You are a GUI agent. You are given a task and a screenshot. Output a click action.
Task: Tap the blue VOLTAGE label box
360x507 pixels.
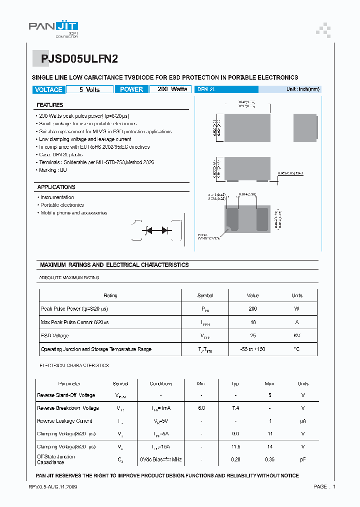[x=48, y=90]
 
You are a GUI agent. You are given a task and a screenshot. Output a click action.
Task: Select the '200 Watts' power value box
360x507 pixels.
[x=172, y=89]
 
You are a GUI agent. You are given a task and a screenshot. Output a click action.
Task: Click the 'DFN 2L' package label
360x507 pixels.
[x=206, y=89]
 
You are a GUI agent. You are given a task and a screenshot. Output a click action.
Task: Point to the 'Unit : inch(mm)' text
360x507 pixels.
[x=302, y=89]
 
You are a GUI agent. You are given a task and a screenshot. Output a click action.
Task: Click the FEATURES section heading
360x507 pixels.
[x=50, y=105]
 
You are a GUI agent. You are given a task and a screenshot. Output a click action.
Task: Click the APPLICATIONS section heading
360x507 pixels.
[x=56, y=187]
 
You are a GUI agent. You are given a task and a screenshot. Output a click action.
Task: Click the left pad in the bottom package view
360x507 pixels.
[x=232, y=219]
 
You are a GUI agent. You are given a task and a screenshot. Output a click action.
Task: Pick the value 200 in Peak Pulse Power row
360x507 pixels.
[x=252, y=309]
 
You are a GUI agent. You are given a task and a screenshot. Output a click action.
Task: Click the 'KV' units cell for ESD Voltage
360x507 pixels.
[x=297, y=336]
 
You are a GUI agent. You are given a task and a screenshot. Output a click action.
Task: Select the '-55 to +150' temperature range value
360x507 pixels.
[x=252, y=349]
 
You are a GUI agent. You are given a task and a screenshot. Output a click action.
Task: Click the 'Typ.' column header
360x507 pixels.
[x=235, y=384]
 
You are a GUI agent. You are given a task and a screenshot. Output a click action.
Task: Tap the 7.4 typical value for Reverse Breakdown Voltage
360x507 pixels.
[x=235, y=408]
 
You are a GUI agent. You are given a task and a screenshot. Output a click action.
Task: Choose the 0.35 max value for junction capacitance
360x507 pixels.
[x=269, y=459]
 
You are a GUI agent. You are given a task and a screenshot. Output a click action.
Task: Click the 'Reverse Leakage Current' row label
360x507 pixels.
[x=64, y=421]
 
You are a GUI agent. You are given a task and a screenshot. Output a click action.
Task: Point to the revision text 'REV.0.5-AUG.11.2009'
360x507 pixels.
[x=52, y=487]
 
